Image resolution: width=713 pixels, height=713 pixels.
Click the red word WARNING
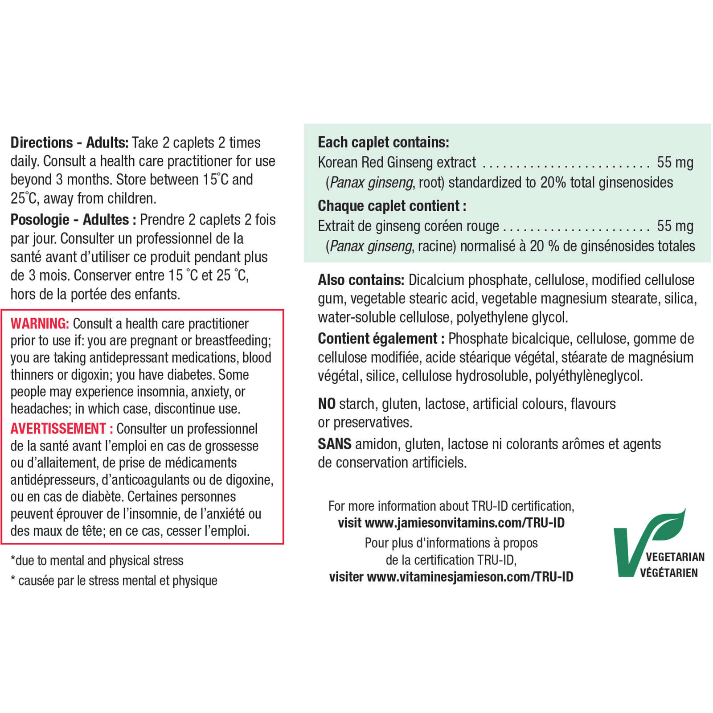pos(40,323)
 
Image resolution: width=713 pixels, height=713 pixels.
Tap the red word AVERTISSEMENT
pos(58,428)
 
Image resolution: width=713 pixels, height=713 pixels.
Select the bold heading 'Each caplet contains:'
pos(383,142)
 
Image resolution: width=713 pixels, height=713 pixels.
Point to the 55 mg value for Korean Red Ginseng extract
pos(675,162)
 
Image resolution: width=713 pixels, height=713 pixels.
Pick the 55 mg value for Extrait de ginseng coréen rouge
pos(675,226)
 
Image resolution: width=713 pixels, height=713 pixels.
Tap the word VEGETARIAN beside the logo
pos(675,557)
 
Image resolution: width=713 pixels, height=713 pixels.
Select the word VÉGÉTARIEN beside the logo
pos(669,573)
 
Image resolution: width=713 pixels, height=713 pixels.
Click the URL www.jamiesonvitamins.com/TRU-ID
pos(464,523)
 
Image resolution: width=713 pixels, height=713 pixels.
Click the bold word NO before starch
pos(327,404)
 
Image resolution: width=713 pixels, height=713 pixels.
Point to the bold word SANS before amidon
pos(334,444)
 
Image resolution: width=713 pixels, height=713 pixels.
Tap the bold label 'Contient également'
pos(377,339)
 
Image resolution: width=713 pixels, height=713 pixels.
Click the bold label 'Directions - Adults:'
pos(70,143)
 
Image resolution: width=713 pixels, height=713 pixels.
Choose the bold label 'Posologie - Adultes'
pos(70,220)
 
